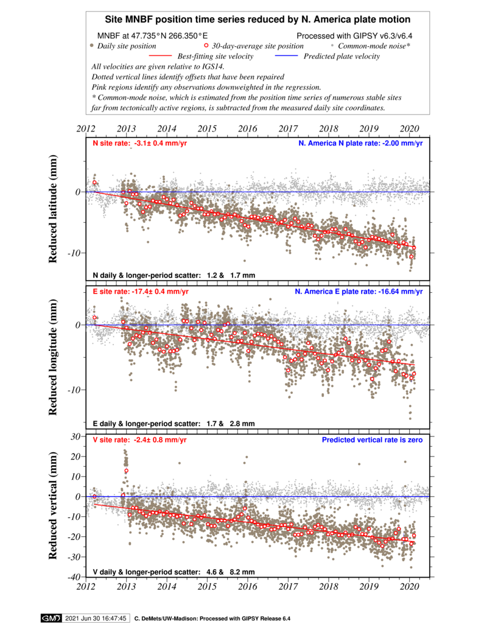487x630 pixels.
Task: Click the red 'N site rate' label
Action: [x=139, y=144]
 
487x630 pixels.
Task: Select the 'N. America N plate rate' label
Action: [x=360, y=144]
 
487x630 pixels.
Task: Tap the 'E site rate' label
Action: [x=140, y=292]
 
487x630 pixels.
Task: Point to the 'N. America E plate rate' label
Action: [x=359, y=292]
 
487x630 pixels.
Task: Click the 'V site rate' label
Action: [x=139, y=439]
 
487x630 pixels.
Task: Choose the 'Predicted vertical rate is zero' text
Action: [x=372, y=439]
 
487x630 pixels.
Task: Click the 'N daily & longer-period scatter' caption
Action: [x=173, y=276]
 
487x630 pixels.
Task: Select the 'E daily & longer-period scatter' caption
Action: [x=173, y=424]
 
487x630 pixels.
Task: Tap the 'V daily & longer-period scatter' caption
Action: [x=173, y=572]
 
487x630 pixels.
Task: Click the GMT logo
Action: [x=51, y=618]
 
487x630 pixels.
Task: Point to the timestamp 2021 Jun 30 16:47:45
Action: [x=96, y=618]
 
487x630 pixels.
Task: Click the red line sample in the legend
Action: [x=160, y=55]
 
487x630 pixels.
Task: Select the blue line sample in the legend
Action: [x=286, y=55]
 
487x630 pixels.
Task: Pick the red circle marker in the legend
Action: [x=206, y=45]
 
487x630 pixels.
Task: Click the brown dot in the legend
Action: [x=91, y=45]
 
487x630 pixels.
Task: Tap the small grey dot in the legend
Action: [x=332, y=45]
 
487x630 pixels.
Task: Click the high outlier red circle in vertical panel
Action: [x=127, y=471]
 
